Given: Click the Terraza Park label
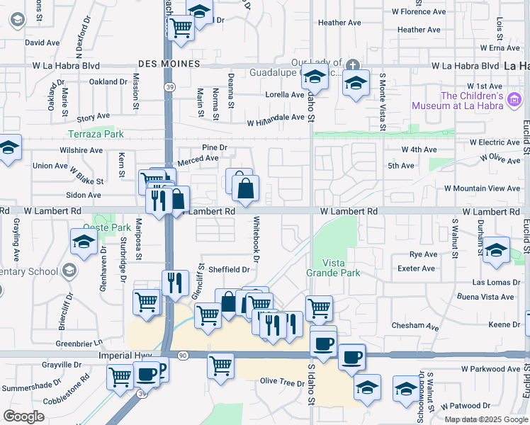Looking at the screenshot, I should pyautogui.click(x=96, y=134).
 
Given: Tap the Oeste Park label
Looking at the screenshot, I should pyautogui.click(x=107, y=227).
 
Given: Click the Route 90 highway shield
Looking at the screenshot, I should pyautogui.click(x=183, y=354).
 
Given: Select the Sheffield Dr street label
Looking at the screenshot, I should pyautogui.click(x=228, y=269).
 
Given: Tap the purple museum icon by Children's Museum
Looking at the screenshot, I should pyautogui.click(x=514, y=101).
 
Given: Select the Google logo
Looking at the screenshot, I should pyautogui.click(x=23, y=416).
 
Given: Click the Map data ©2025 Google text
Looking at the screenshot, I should pyautogui.click(x=486, y=419).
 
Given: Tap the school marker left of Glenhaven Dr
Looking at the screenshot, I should pyautogui.click(x=84, y=242).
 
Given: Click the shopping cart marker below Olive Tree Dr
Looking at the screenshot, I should pyautogui.click(x=221, y=366).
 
